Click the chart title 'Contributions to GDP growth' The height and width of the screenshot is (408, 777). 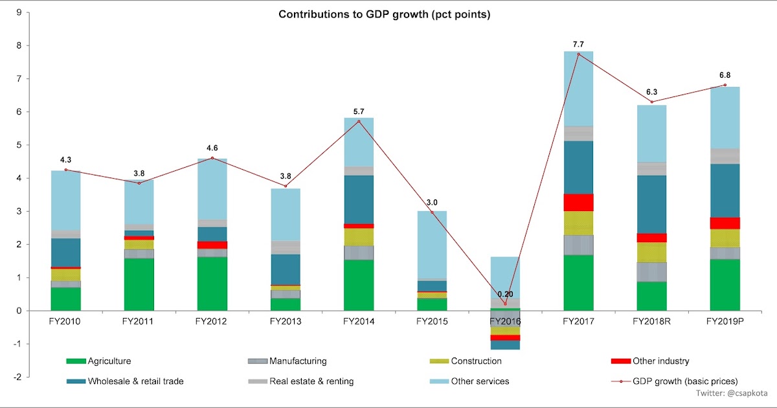pyautogui.click(x=384, y=14)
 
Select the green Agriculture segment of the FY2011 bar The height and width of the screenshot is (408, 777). pyautogui.click(x=139, y=284)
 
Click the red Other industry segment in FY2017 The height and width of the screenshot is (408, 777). pyautogui.click(x=578, y=202)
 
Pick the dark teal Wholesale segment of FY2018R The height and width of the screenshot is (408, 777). pyautogui.click(x=651, y=204)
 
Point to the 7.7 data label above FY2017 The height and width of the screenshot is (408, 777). pyautogui.click(x=579, y=44)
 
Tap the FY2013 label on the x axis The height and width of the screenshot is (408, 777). pyautogui.click(x=286, y=321)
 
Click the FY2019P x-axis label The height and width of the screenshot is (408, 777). pyautogui.click(x=725, y=321)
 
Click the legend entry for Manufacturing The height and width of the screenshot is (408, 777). pyautogui.click(x=298, y=361)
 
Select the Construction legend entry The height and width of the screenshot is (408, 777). pyautogui.click(x=477, y=361)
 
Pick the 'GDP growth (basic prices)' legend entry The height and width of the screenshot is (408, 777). pyautogui.click(x=684, y=381)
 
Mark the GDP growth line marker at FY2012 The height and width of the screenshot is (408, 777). pyautogui.click(x=212, y=158)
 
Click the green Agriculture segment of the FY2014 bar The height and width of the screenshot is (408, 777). pyautogui.click(x=359, y=285)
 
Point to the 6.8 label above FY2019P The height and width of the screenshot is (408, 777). pyautogui.click(x=725, y=75)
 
